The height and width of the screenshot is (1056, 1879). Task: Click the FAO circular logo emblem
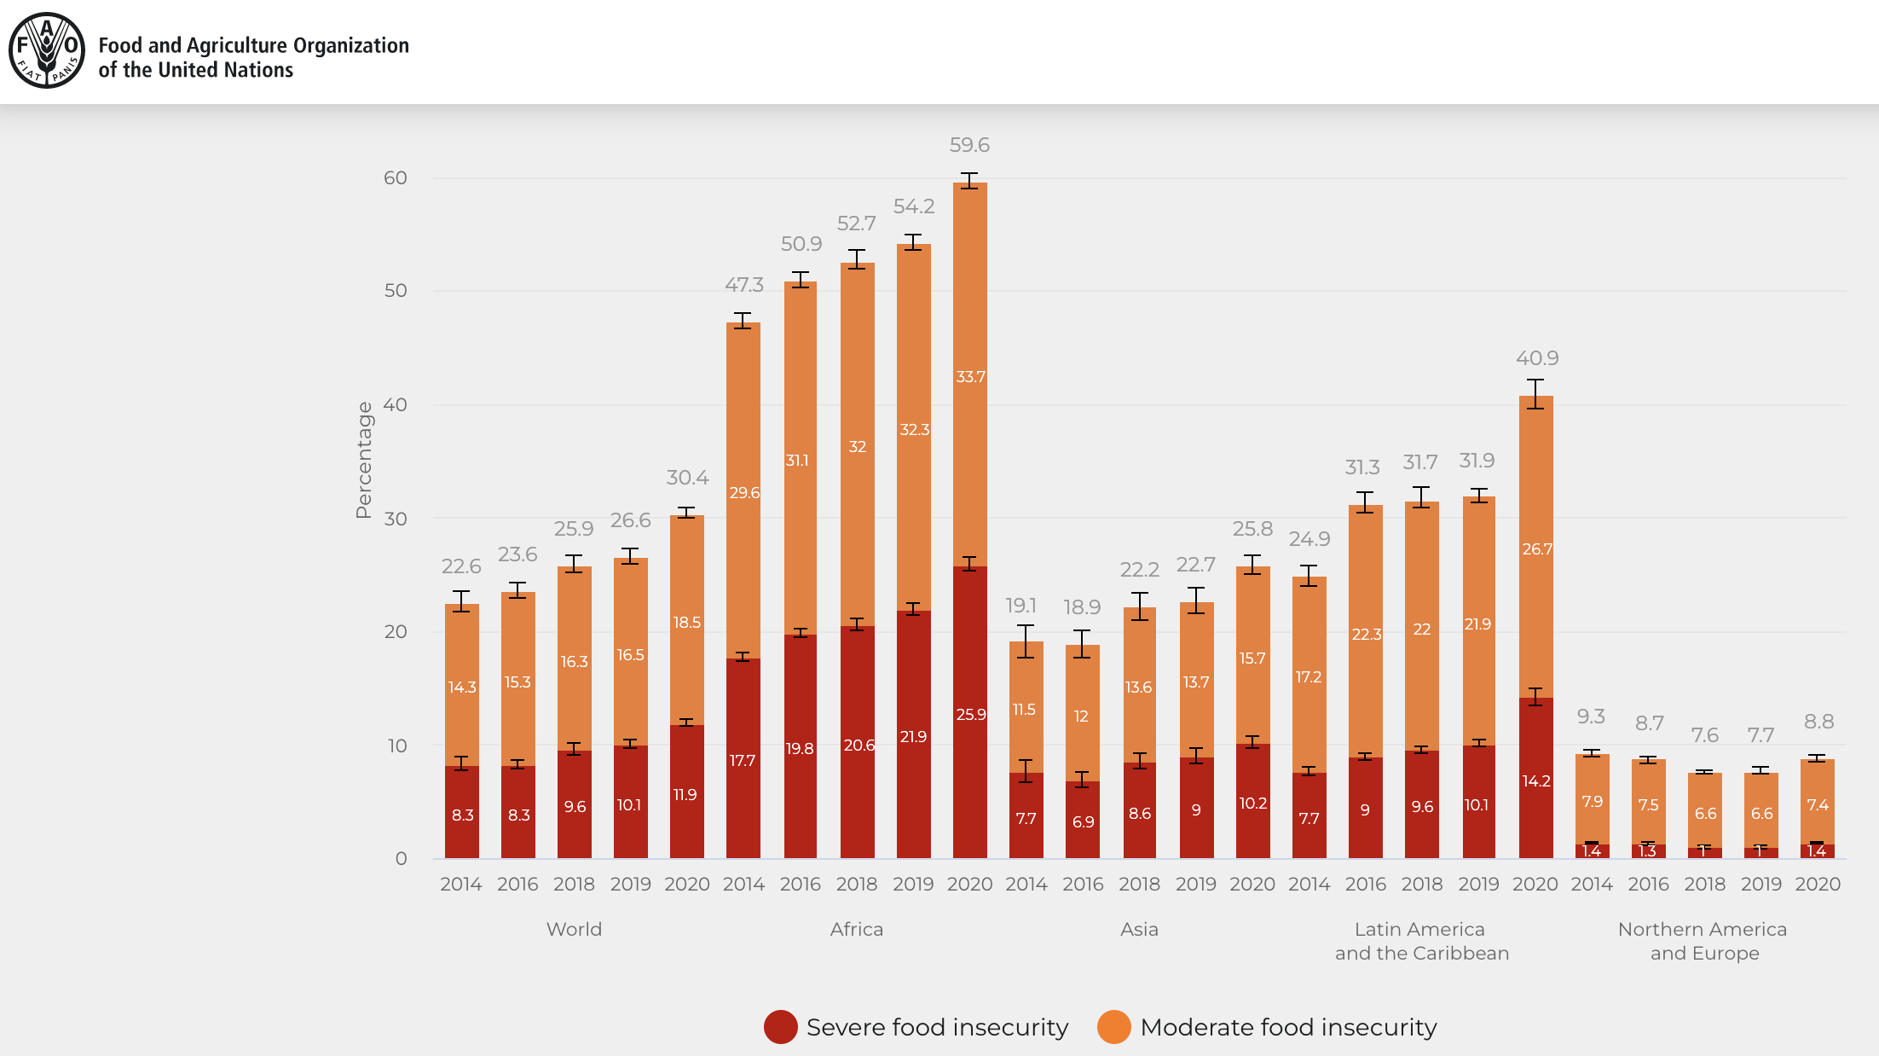46,50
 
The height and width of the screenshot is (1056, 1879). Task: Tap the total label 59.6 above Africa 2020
969,145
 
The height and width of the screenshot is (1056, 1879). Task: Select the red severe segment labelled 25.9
970,713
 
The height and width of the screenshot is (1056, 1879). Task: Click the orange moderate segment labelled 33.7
970,376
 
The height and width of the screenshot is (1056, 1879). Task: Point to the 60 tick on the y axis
396,177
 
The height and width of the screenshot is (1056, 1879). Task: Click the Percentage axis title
364,460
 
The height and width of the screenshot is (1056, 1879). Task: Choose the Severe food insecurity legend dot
780,1027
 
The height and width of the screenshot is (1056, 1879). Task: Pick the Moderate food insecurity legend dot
1113,1027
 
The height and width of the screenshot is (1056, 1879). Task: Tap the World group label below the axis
574,929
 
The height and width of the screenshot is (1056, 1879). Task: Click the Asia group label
1139,929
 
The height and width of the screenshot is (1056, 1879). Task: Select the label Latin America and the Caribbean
1421,941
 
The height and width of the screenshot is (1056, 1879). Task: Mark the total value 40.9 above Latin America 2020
1537,358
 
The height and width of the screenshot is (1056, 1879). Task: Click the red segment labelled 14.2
1535,780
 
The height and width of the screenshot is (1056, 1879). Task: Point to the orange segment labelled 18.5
686,622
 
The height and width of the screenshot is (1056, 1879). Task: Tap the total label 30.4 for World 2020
687,478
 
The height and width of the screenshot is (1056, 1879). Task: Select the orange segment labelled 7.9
1592,801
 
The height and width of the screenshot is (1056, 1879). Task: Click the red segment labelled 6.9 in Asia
1083,821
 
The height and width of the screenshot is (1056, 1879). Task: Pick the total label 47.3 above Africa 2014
744,285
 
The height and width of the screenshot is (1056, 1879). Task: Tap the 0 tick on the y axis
401,858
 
